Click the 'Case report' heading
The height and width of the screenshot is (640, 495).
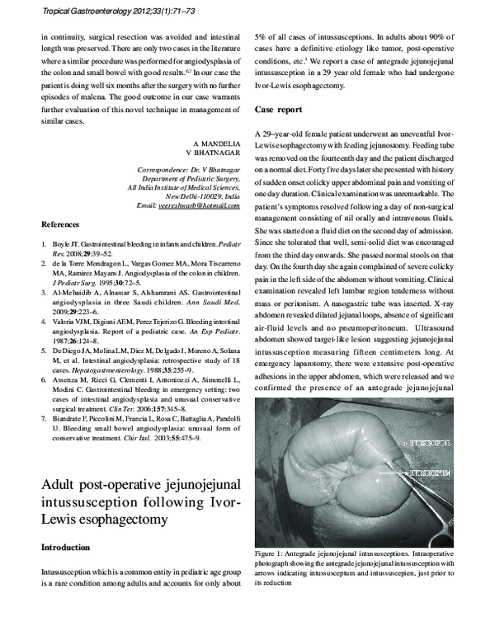click(x=278, y=109)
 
